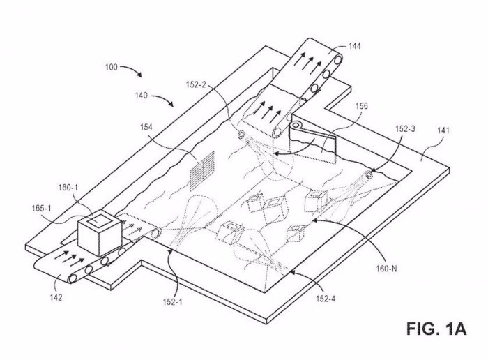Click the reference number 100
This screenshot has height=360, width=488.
(112, 67)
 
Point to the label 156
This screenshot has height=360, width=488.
(362, 106)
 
